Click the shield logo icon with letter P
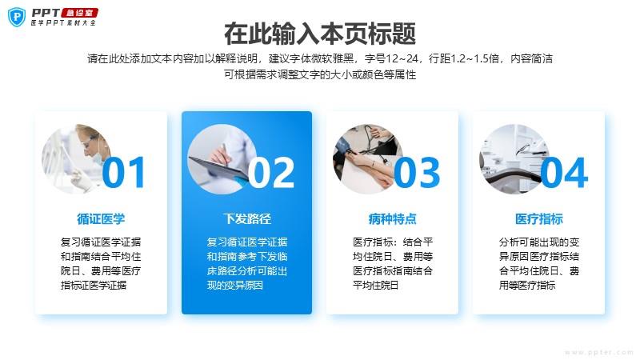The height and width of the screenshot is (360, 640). (16, 17)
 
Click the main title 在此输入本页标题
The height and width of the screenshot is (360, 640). (320, 33)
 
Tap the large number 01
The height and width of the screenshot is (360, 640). (124, 173)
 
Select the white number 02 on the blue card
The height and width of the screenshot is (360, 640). (271, 173)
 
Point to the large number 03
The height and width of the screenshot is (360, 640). (417, 173)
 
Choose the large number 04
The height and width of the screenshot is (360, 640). (565, 173)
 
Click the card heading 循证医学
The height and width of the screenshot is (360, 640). (101, 218)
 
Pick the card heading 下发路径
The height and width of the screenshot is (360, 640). (247, 218)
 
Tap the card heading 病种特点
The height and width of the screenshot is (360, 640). (392, 218)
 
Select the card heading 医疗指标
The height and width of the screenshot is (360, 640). (538, 218)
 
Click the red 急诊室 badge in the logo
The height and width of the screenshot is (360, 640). (79, 13)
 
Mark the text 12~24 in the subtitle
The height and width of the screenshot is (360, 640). (402, 58)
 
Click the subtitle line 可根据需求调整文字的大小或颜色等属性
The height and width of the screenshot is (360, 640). (320, 74)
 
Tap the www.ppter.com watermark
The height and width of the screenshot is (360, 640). (598, 352)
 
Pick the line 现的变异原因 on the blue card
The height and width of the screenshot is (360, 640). (234, 285)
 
